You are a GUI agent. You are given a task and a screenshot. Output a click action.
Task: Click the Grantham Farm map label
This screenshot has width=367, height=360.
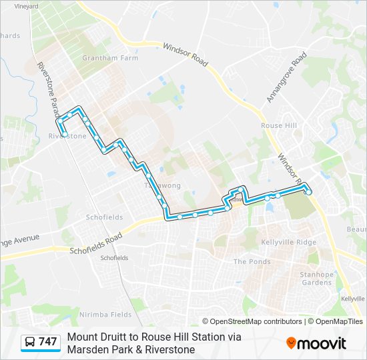pos(100,58)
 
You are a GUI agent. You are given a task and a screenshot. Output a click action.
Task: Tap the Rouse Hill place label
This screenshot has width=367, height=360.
pos(278,125)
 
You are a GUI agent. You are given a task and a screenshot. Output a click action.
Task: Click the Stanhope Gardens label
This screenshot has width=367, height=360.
pos(316,278)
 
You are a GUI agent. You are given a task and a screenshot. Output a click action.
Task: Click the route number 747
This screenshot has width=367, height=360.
pos(48,342)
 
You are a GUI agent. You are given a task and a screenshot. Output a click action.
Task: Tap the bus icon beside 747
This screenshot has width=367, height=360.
pos(31,342)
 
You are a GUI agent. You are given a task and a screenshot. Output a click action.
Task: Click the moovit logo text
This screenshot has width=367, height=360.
pos(321,343)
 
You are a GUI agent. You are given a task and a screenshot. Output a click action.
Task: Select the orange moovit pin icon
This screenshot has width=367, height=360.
pos(291,343)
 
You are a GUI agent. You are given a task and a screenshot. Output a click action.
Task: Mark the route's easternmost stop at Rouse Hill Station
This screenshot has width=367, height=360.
pos(308,192)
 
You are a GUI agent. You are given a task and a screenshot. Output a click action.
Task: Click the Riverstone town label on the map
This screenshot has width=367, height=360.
pos(67,136)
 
